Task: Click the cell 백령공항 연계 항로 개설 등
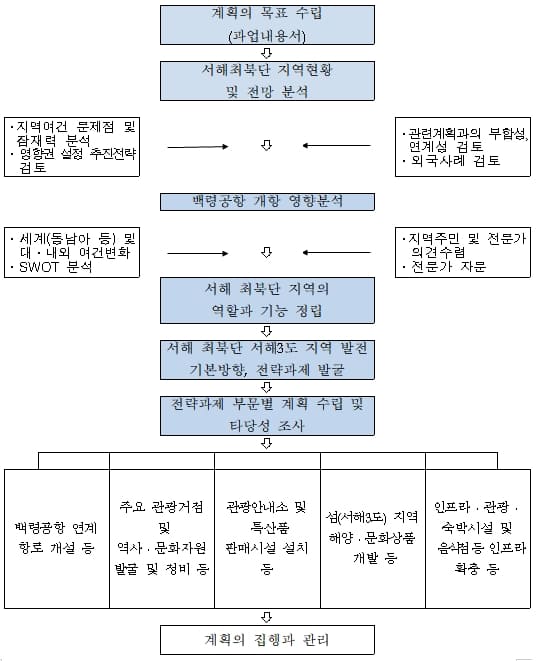(56, 536)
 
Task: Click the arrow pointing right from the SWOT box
(206, 253)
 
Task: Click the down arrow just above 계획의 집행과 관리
(266, 616)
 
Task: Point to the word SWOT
(40, 268)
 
